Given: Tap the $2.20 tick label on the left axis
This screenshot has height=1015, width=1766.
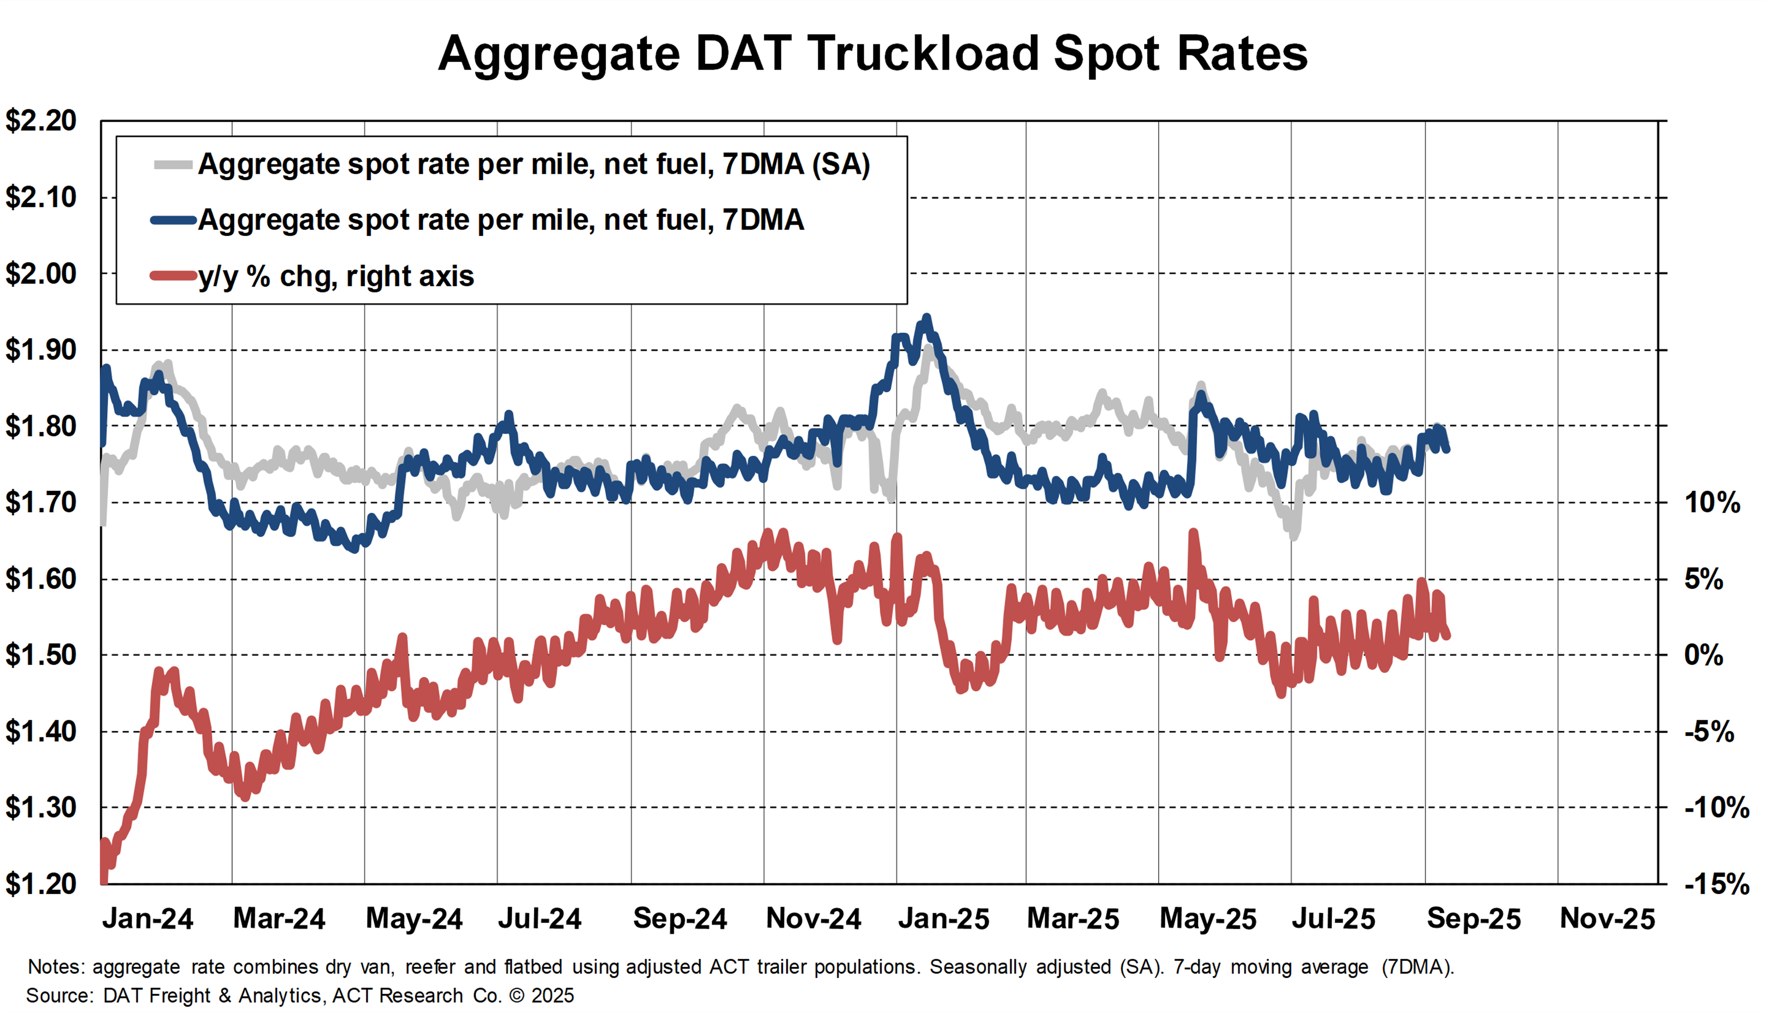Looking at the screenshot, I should click(41, 121).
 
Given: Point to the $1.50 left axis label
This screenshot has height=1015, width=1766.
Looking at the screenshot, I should click(41, 655).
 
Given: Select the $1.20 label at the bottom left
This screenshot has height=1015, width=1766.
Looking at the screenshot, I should click(41, 884).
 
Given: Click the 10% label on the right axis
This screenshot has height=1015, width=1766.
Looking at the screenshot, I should click(1712, 503).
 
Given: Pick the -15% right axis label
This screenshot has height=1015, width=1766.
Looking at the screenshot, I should click(1716, 884).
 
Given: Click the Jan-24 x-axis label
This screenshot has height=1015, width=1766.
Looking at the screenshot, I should click(147, 919).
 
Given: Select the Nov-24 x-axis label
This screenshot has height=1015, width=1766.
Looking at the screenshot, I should click(813, 919).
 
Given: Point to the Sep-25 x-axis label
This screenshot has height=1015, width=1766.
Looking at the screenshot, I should click(1473, 919).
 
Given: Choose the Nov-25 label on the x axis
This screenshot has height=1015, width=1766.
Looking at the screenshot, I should click(1607, 919).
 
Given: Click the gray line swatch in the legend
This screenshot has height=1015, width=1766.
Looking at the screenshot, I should click(173, 165).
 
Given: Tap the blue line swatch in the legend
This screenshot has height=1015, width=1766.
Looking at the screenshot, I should click(173, 220).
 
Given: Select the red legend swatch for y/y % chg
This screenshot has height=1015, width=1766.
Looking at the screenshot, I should click(173, 276).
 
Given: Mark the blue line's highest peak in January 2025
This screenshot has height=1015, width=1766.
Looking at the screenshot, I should click(926, 318).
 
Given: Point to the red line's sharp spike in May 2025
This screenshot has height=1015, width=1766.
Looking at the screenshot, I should click(1193, 533).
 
